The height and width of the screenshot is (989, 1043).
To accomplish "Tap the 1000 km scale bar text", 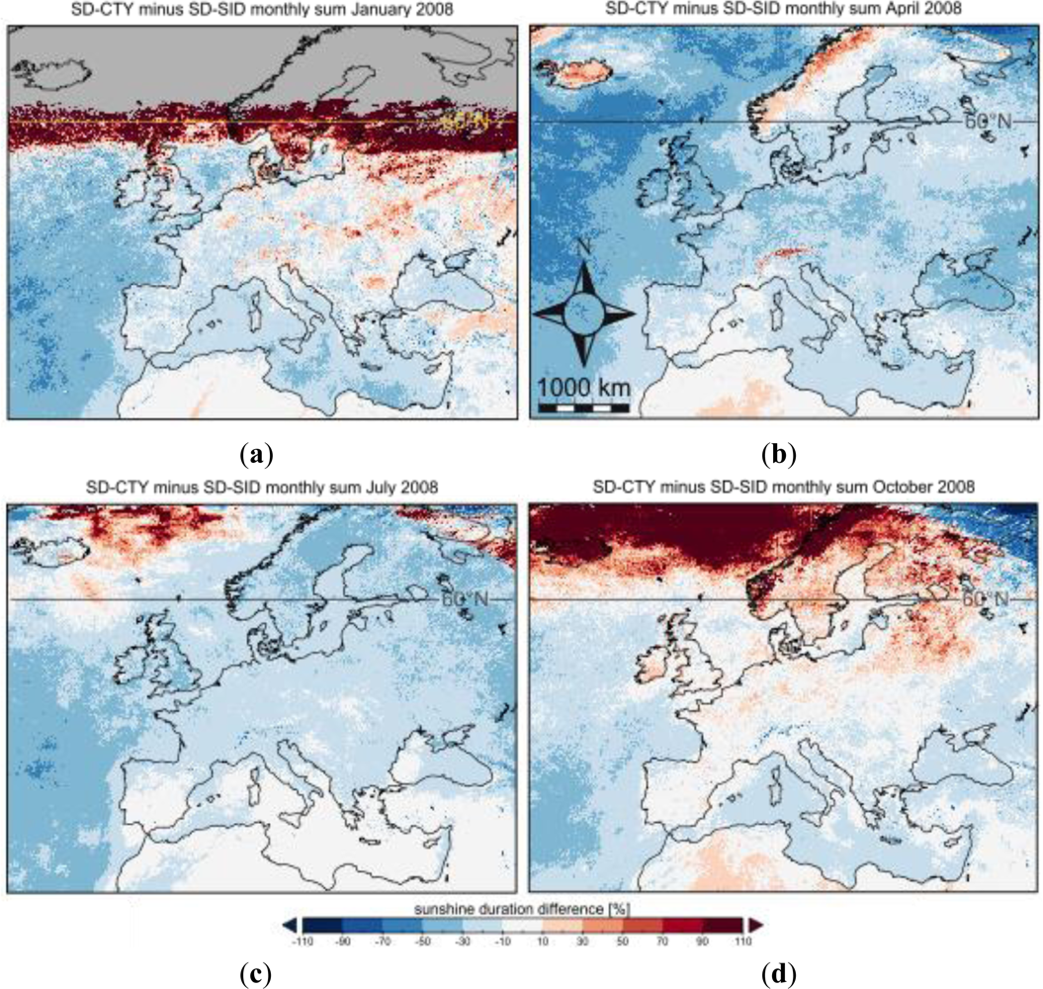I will coord(584,385).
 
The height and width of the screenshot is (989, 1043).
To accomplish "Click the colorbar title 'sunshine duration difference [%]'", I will coord(524,905).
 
